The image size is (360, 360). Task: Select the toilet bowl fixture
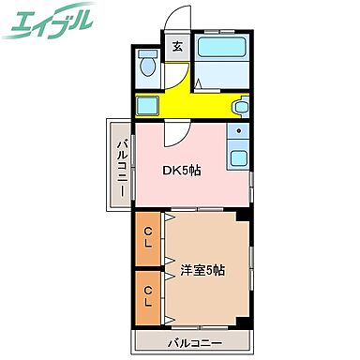pos(146,67)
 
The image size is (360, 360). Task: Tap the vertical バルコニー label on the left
pos(122,166)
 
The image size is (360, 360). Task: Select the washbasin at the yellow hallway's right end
pos(242,106)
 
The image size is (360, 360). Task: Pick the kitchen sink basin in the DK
pos(239,157)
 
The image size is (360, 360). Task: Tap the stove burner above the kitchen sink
pos(239,132)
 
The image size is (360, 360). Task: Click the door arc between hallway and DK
pos(175,134)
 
